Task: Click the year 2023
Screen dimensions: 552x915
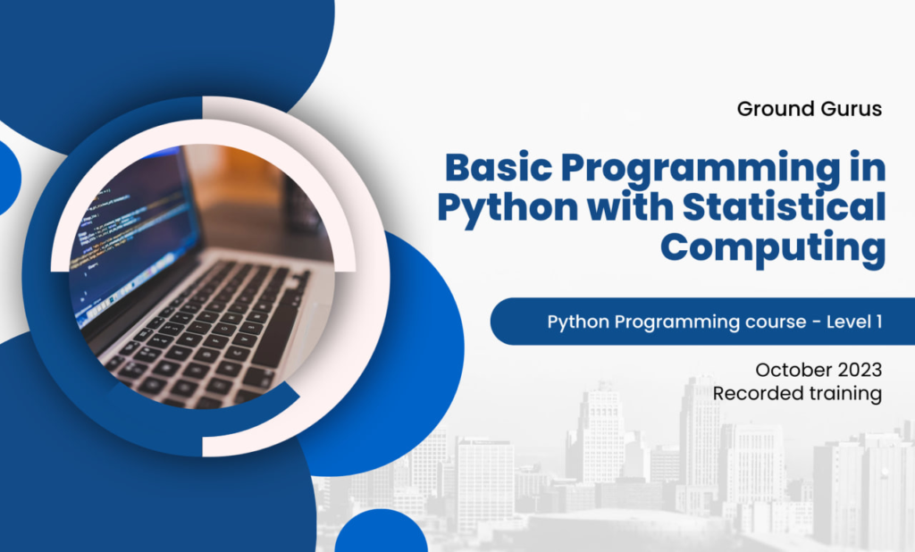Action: pyautogui.click(x=860, y=369)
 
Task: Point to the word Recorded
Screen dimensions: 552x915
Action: pyautogui.click(x=754, y=393)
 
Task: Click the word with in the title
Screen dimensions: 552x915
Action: pyautogui.click(x=626, y=209)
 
